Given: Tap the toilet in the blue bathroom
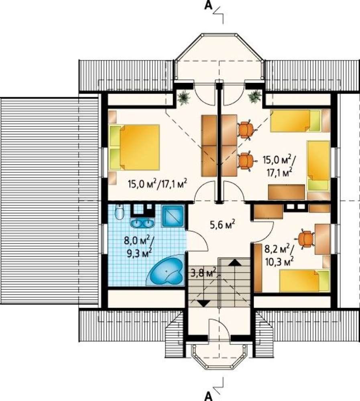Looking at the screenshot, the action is (x=119, y=212).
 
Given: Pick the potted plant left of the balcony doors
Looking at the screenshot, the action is (x=183, y=97).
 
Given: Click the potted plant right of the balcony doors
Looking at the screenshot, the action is (x=254, y=97).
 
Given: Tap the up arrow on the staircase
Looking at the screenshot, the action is (x=234, y=263).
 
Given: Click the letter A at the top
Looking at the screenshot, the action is (x=209, y=6).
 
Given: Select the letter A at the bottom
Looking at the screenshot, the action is (x=209, y=397).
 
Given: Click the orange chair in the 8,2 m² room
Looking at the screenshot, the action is (x=305, y=239).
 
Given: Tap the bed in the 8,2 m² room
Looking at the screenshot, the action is (x=304, y=281).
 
